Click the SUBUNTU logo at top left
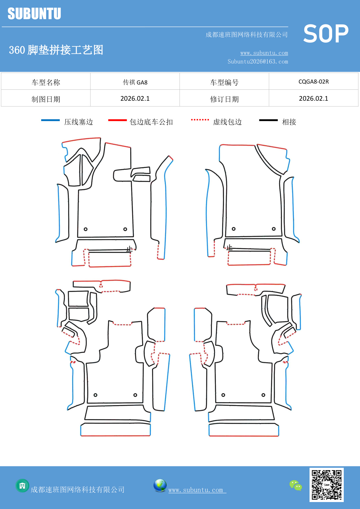tap(34, 14)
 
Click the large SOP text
tap(326, 34)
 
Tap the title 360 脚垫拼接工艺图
tap(56, 50)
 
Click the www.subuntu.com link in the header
tap(264, 53)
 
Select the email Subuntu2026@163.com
tap(258, 62)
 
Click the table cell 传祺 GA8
tap(135, 82)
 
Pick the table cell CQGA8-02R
tap(314, 82)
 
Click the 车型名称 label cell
tap(46, 82)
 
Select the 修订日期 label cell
tap(224, 99)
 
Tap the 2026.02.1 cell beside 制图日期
tap(135, 99)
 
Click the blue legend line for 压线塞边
tap(50, 120)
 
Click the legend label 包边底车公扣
tap(151, 122)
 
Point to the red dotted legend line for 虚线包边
tap(200, 120)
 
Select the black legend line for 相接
tap(268, 120)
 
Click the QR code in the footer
tap(326, 485)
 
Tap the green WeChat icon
tap(296, 485)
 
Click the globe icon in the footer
tap(160, 485)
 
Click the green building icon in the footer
tap(22, 485)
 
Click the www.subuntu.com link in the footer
tap(196, 490)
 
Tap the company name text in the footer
tap(78, 490)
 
